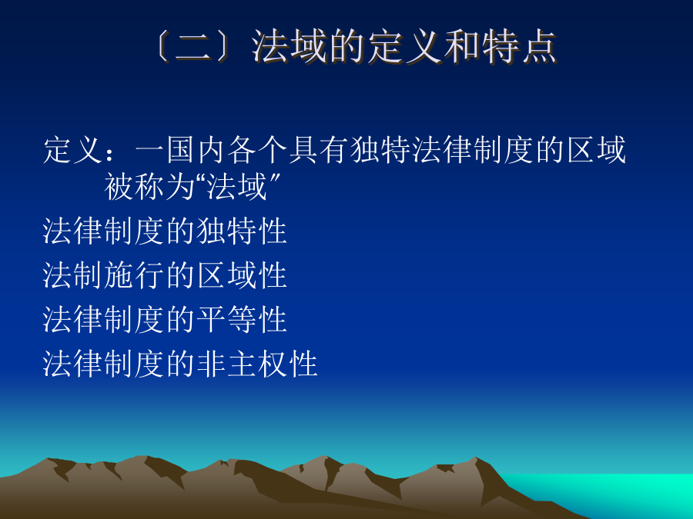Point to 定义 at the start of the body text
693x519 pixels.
click(73, 150)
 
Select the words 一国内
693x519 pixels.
click(180, 150)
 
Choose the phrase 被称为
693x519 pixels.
click(149, 186)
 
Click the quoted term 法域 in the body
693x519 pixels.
click(237, 186)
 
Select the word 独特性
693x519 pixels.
click(242, 231)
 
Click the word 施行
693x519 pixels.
click(134, 275)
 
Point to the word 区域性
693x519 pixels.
click(242, 275)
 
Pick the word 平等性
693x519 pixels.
click(242, 319)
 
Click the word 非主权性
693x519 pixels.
click(257, 364)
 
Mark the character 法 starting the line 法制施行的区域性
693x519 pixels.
click(58, 275)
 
